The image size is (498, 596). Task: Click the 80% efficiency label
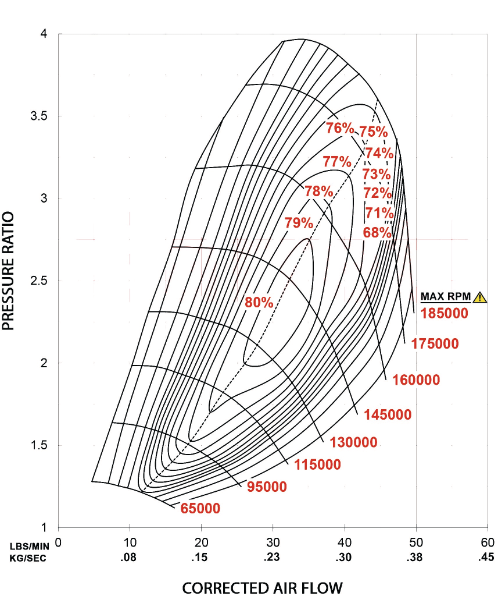click(x=259, y=302)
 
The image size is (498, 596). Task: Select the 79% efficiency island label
click(x=299, y=222)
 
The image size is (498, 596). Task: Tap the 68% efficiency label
click(x=377, y=233)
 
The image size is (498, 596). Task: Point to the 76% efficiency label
click(x=339, y=128)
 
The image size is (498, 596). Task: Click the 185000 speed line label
click(x=445, y=313)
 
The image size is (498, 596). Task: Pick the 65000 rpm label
click(x=200, y=508)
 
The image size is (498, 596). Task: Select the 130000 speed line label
click(x=353, y=442)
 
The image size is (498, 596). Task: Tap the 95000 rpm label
click(x=267, y=487)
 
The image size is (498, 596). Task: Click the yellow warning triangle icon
click(x=479, y=297)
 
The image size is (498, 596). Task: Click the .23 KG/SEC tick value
click(x=272, y=558)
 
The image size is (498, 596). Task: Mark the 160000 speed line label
click(x=416, y=380)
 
